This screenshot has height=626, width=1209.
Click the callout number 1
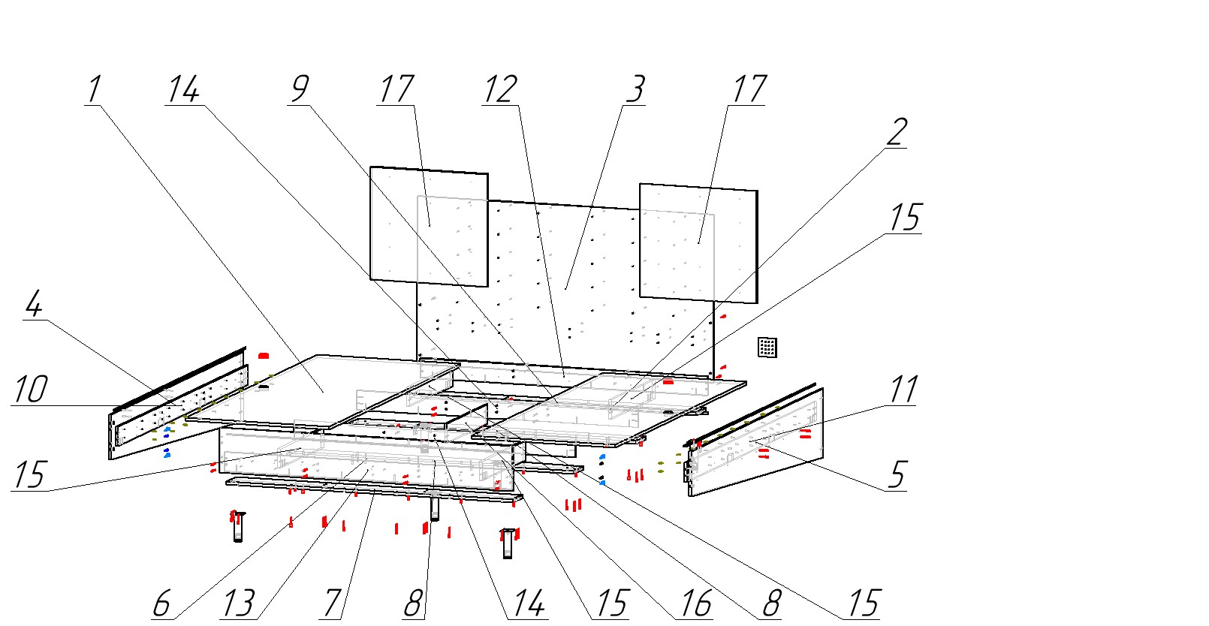(x=93, y=89)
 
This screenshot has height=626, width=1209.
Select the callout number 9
(x=299, y=89)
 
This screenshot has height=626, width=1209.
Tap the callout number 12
(x=500, y=89)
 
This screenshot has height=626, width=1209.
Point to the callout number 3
(x=635, y=89)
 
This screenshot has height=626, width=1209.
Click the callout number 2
(x=896, y=132)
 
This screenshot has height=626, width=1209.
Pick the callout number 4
(x=34, y=305)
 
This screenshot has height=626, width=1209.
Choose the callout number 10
(x=31, y=390)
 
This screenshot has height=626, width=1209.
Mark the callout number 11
(x=903, y=390)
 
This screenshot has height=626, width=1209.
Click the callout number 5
(x=897, y=475)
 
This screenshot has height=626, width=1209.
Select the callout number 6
(x=161, y=603)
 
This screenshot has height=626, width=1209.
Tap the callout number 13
(x=239, y=603)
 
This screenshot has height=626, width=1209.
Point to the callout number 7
(x=333, y=603)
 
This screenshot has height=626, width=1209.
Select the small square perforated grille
(x=767, y=348)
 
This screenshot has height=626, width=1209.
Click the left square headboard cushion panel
(x=429, y=225)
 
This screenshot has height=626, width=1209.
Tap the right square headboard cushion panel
(x=698, y=242)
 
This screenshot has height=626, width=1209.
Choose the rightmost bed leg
(x=508, y=543)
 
